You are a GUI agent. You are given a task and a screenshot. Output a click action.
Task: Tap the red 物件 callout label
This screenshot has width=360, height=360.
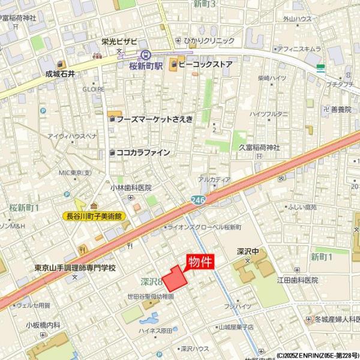200,262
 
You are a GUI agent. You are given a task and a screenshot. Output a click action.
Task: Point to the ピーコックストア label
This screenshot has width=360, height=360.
205,63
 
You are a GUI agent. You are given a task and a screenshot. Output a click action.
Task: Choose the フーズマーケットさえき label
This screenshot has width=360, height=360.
155,119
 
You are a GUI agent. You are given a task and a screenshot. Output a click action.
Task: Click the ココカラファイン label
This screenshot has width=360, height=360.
143,152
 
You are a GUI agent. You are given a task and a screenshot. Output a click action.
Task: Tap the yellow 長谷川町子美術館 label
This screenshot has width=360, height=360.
95,215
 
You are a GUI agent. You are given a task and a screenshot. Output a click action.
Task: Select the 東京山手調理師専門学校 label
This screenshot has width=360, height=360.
75,268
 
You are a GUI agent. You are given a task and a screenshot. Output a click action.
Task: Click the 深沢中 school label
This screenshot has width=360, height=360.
247,252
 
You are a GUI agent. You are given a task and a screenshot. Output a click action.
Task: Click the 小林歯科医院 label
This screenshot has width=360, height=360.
130,188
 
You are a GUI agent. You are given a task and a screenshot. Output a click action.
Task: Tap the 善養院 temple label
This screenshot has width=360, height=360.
340,110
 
